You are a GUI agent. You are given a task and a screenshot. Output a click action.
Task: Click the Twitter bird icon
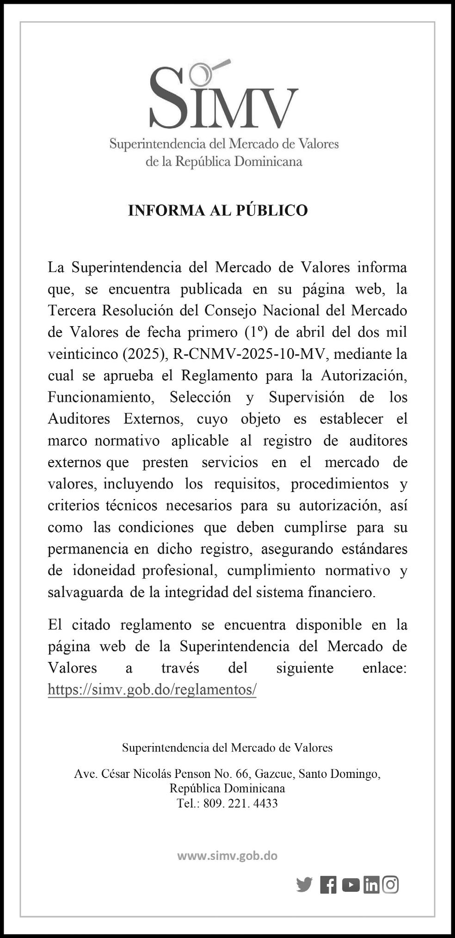point(304,884)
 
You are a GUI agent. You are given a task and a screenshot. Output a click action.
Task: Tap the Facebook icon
point(328,885)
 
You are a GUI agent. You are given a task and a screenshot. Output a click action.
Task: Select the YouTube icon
point(351,885)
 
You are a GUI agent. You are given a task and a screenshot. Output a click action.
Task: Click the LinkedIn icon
point(371,885)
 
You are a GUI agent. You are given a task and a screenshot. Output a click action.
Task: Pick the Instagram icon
point(391,884)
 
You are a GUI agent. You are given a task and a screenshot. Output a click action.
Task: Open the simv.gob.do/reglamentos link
point(152,690)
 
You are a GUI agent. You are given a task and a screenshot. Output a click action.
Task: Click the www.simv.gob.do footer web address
point(227,856)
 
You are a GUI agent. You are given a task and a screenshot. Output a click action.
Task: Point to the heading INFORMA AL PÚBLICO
point(218,210)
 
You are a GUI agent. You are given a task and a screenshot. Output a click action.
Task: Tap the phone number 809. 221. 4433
point(240,803)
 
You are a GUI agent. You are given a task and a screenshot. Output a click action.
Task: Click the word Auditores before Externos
point(79,419)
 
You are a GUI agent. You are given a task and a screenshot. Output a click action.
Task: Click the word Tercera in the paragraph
point(73,310)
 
